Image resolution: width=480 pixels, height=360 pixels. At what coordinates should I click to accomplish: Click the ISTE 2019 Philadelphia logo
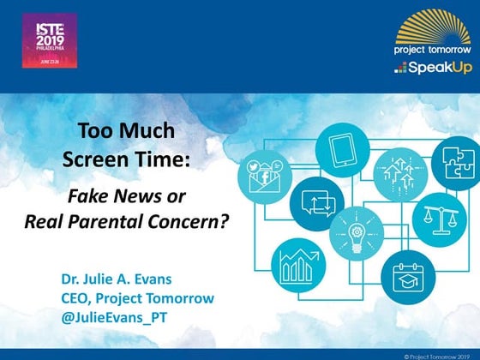tap(49, 40)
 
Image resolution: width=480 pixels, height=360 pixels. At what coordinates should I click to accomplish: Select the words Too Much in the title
tap(126, 132)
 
